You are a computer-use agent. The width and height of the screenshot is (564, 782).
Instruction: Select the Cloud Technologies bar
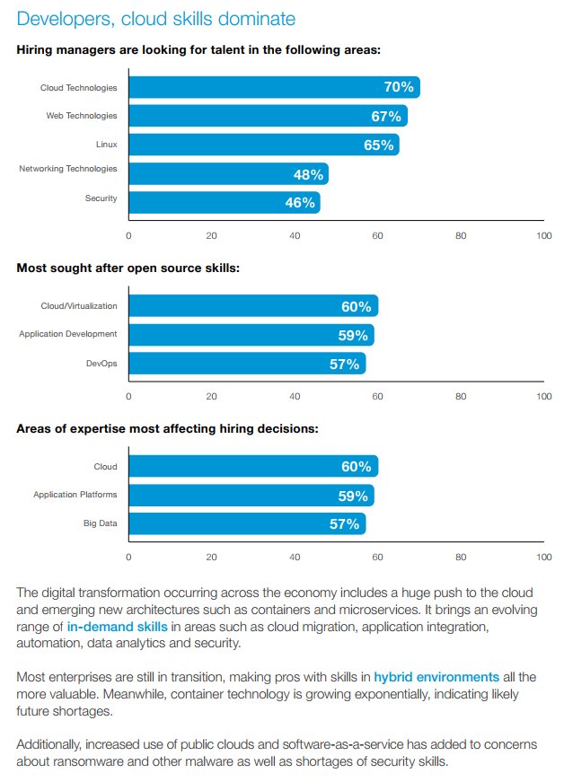(x=274, y=87)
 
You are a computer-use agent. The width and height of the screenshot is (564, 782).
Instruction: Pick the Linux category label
(x=105, y=144)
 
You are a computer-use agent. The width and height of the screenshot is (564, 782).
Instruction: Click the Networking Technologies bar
(x=228, y=173)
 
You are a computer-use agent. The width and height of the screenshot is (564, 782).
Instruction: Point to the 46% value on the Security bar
(x=300, y=202)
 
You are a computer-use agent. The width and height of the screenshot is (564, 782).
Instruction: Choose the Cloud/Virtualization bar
(x=253, y=306)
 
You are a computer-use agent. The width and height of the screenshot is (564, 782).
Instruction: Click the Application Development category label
(x=68, y=334)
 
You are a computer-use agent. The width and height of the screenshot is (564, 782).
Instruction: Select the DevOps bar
(x=247, y=364)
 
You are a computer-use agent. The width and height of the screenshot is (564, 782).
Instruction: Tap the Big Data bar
(x=247, y=523)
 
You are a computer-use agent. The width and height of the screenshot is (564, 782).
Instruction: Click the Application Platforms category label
(x=75, y=495)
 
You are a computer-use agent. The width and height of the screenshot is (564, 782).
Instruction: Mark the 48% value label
(x=308, y=173)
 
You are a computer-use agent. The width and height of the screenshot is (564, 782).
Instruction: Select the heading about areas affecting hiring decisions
(x=167, y=428)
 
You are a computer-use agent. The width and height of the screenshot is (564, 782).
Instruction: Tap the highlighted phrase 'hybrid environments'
(x=436, y=676)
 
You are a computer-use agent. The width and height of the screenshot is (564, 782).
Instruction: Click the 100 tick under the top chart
(x=543, y=235)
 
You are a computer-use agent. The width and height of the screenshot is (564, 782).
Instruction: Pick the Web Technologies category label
(x=82, y=115)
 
